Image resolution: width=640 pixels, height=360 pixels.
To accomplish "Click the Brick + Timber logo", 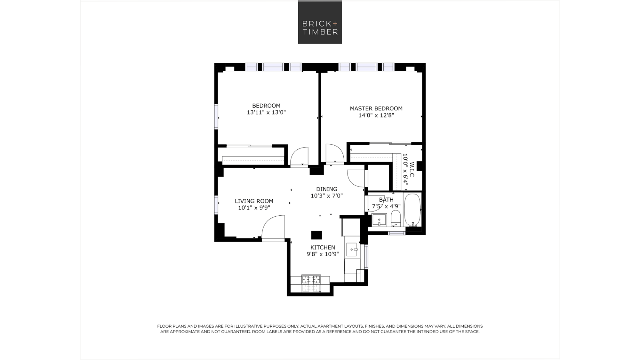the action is (x=320, y=22).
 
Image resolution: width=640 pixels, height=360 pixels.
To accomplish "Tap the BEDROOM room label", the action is (x=266, y=106).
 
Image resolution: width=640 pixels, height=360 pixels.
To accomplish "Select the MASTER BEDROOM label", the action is (x=376, y=108).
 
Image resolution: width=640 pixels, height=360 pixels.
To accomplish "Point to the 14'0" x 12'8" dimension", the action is (x=376, y=115).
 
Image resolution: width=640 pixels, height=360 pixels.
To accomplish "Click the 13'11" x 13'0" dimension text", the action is (x=266, y=112).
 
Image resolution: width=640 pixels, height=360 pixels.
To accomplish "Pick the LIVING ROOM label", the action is (x=254, y=201).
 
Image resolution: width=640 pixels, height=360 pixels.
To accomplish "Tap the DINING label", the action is (x=327, y=189).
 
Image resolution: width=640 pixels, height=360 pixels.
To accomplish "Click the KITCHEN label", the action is (x=323, y=247).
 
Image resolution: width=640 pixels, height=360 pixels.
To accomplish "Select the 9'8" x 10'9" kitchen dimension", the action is (x=323, y=254).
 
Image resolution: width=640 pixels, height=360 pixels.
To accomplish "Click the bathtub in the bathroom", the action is (x=412, y=210).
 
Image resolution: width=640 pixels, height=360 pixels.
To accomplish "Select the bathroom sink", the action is (x=379, y=220).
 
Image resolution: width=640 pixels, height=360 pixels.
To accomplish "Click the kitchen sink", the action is (x=352, y=249).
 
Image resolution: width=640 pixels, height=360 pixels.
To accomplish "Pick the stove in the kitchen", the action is (x=311, y=279).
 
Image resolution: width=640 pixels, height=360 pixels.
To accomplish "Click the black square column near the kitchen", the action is (x=316, y=235).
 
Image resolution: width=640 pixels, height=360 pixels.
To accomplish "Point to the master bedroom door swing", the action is (x=335, y=154).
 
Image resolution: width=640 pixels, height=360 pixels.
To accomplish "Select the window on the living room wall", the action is (x=216, y=204).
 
